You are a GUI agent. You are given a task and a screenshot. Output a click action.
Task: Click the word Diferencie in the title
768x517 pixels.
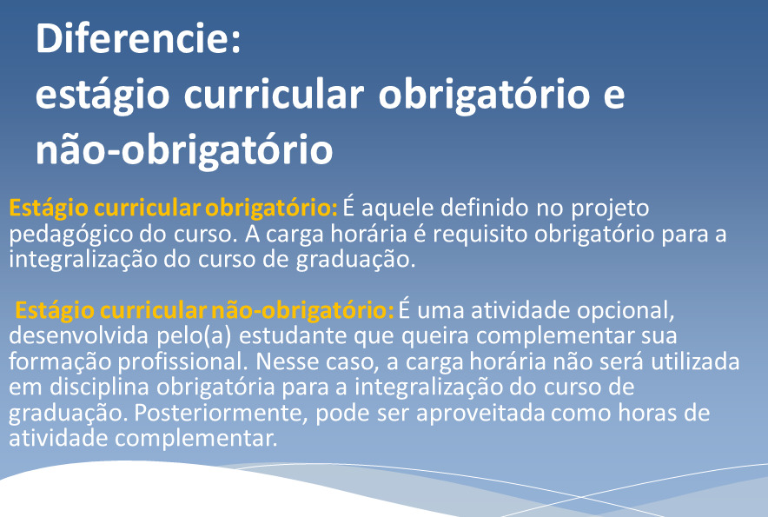(133, 38)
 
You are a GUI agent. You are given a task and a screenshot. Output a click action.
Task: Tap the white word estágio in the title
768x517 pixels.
(103, 96)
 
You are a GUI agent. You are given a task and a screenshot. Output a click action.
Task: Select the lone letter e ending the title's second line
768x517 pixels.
(613, 96)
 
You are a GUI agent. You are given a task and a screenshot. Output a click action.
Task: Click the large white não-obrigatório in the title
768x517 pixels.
(184, 150)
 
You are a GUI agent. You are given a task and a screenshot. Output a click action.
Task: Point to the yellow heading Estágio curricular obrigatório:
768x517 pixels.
(174, 209)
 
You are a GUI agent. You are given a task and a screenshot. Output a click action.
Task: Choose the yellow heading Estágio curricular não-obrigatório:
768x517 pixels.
(205, 311)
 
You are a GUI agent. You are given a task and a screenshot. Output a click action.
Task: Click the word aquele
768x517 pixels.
(397, 209)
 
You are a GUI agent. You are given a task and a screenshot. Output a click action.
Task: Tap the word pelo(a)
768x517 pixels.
(194, 337)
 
